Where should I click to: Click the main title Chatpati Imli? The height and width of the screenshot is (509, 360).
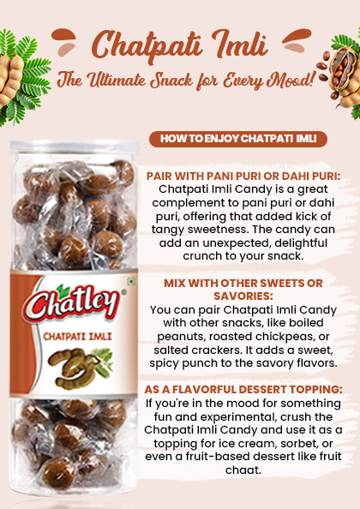click(x=179, y=44)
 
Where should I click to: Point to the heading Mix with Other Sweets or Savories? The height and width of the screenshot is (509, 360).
click(x=243, y=289)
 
